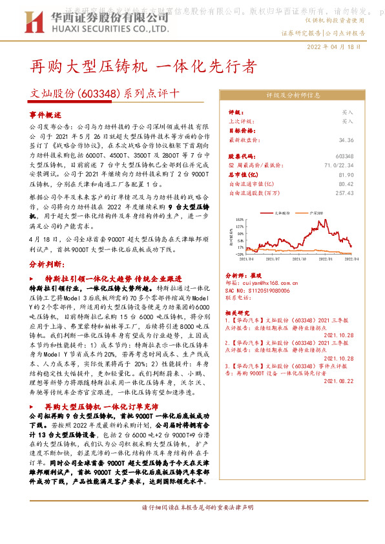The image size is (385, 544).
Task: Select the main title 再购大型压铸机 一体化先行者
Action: tap(143, 67)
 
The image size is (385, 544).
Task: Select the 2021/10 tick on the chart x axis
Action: tap(300, 258)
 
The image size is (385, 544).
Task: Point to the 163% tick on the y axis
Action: tap(239, 220)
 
